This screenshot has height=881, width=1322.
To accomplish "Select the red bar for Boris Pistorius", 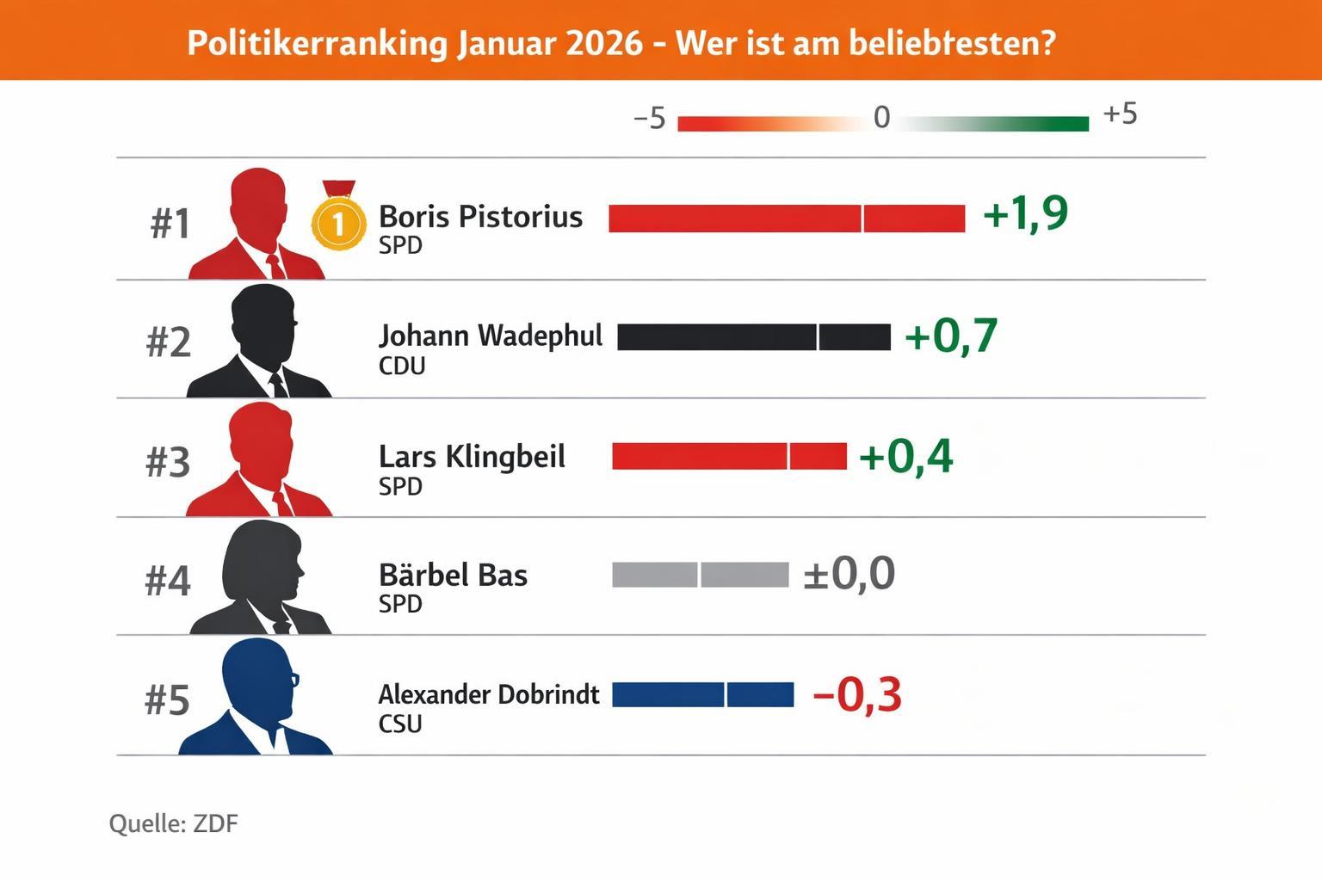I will click(786, 219).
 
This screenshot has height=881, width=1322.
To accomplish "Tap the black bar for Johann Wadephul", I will click(753, 337).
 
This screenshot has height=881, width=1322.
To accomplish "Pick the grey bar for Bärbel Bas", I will click(700, 575).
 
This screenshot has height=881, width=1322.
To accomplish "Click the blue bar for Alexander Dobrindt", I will click(702, 694).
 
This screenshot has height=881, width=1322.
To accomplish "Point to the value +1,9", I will click(1024, 213).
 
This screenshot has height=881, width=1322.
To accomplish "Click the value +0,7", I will click(950, 336).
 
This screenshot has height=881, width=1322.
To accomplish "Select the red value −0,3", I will click(856, 695).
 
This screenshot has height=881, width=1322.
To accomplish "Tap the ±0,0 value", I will click(849, 574).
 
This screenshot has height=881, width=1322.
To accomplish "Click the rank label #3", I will click(168, 462).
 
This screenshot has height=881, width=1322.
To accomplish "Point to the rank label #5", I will click(167, 700).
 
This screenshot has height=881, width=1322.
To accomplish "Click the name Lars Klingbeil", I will click(472, 457).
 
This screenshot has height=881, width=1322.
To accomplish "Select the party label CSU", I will click(400, 724).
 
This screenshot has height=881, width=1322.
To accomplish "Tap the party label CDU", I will click(402, 367).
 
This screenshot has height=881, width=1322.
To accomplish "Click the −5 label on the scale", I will click(650, 119).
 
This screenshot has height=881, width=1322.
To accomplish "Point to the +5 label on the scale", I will click(1120, 114).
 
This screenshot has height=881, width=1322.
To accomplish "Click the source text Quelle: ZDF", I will click(173, 823).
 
